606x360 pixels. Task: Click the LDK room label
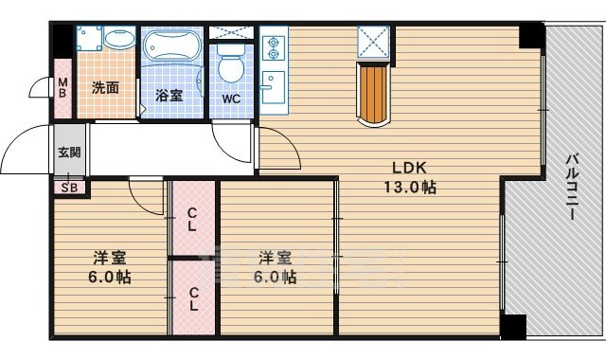coord(409,168)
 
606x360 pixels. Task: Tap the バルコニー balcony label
coord(572,187)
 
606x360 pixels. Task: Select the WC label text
coord(231,99)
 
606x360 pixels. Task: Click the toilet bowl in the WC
coord(231,63)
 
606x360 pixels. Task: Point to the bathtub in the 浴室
coord(172,45)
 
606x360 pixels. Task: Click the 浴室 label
coord(169,96)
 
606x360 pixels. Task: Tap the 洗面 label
coord(105,88)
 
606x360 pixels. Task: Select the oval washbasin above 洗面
coord(119,39)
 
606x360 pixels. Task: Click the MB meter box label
coord(62,88)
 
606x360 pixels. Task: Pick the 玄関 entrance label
coord(69,152)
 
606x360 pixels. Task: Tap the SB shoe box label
coord(69,188)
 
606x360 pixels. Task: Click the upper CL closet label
coord(192,220)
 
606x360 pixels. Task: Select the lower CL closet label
coord(193,299)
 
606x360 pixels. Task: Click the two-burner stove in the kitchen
coord(274,48)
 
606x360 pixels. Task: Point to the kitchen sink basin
coord(274,87)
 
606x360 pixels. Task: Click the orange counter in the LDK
coord(373,95)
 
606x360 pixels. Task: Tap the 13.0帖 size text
coord(410,188)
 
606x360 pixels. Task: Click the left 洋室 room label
coord(110,258)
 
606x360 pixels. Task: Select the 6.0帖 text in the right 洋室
coord(275,278)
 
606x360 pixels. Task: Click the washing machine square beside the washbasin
coord(89,38)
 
